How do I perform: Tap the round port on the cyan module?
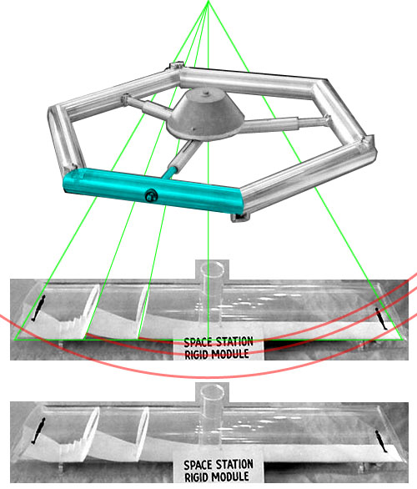pyautogui.click(x=151, y=196)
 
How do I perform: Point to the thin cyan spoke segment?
pyautogui.click(x=169, y=174)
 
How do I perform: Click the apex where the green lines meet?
pyautogui.click(x=208, y=1)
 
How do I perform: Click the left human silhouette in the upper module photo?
pyautogui.click(x=38, y=308)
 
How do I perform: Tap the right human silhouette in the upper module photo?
pyautogui.click(x=381, y=319)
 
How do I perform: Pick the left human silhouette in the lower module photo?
pyautogui.click(x=38, y=431)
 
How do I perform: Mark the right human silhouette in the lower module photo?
pyautogui.click(x=381, y=441)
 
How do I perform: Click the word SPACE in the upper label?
pyautogui.click(x=198, y=342)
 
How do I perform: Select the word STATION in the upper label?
pyautogui.click(x=234, y=342)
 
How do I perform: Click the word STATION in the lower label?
pyautogui.click(x=234, y=464)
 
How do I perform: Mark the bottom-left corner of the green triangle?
pyautogui.click(x=14, y=340)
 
